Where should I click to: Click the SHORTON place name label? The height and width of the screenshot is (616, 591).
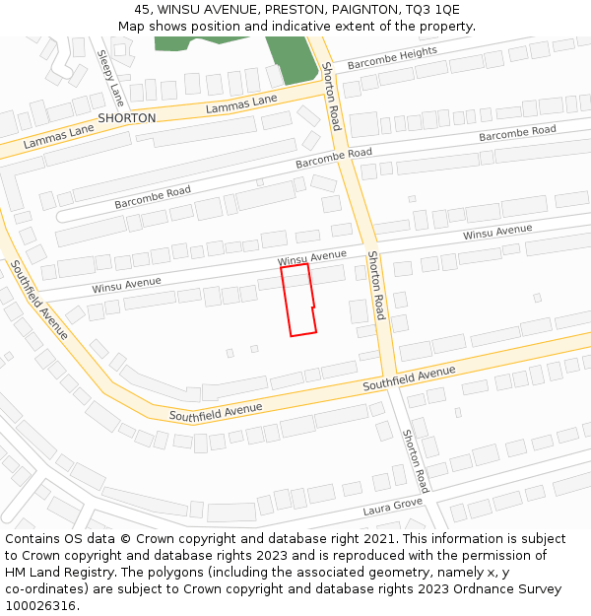tap(127, 118)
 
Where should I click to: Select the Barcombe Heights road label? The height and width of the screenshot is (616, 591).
tap(392, 58)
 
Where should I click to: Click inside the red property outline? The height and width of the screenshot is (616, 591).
tap(297, 301)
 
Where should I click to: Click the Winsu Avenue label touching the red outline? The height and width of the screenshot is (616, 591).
tap(312, 256)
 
